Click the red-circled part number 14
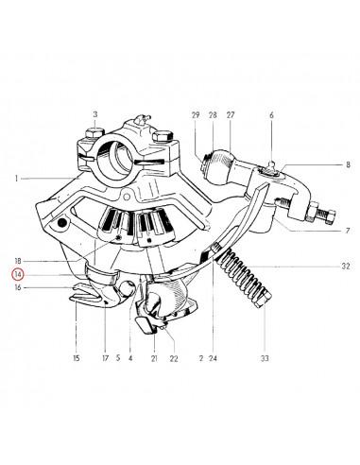click(x=18, y=274)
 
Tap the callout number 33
click(x=265, y=358)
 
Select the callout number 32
click(x=346, y=267)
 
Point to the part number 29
click(x=196, y=115)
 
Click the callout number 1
click(x=16, y=179)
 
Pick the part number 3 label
click(x=95, y=114)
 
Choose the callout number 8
click(x=348, y=164)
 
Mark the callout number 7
click(x=348, y=231)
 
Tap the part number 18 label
click(x=18, y=261)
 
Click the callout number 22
click(x=174, y=358)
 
